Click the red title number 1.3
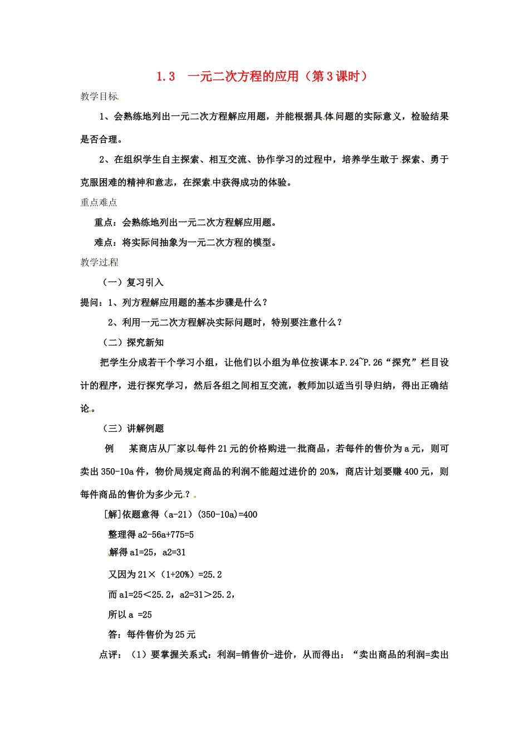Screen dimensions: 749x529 pyautogui.click(x=166, y=77)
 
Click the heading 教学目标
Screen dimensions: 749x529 pyautogui.click(x=99, y=96)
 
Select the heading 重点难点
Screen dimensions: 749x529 pyautogui.click(x=99, y=202)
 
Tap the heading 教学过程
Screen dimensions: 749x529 pyautogui.click(x=99, y=262)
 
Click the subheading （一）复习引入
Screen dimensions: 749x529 pyautogui.click(x=131, y=283)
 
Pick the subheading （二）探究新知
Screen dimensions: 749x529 pyautogui.click(x=131, y=343)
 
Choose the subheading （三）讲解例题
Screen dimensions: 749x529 pyautogui.click(x=131, y=429)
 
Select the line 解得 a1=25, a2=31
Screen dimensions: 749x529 pyautogui.click(x=147, y=552)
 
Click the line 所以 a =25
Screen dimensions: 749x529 pyautogui.click(x=130, y=615)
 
